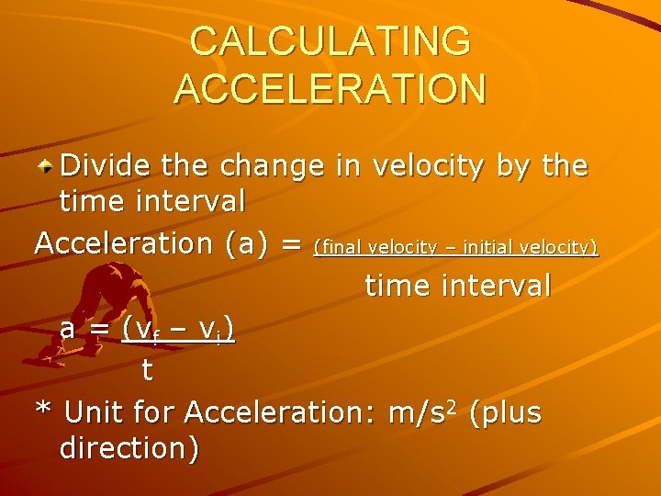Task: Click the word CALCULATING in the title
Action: (x=330, y=42)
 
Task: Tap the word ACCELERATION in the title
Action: (x=330, y=89)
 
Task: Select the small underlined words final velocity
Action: (x=376, y=247)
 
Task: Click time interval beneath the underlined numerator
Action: (x=458, y=286)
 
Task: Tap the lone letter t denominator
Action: (x=146, y=370)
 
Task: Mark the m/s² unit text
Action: (x=420, y=412)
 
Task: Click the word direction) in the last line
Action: (x=128, y=449)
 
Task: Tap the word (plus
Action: (x=505, y=412)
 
